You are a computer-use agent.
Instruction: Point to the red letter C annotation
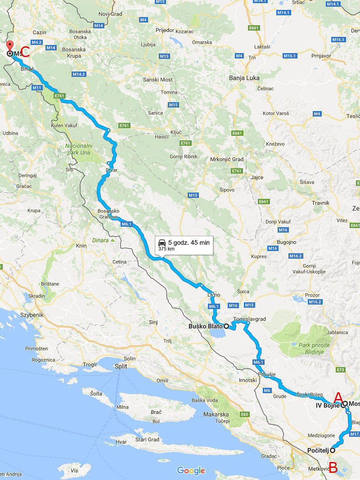click(25, 52)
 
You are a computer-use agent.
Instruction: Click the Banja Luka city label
click(244, 78)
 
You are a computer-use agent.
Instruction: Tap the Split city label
click(120, 366)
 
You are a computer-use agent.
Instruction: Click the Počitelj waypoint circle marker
click(333, 450)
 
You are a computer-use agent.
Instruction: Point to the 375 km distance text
click(166, 248)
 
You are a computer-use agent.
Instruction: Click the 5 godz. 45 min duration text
click(189, 242)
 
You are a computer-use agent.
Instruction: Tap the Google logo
click(191, 471)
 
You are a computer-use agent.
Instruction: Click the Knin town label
click(81, 246)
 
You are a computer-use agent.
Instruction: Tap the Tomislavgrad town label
click(250, 319)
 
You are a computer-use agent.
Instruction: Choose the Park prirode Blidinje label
click(314, 348)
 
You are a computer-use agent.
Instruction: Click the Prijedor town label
click(164, 31)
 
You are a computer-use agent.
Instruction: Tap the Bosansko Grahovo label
click(108, 214)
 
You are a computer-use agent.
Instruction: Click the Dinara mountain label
click(100, 240)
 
